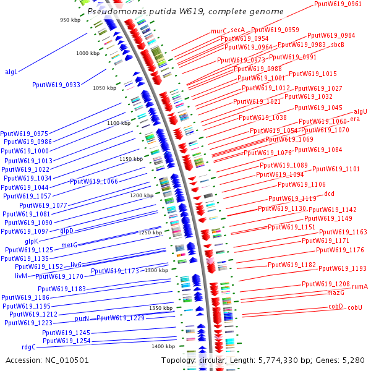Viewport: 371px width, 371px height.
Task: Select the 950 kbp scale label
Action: pos(71,20)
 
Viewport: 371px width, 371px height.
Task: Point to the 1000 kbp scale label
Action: pos(87,54)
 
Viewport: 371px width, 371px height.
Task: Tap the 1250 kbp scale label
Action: pos(150,232)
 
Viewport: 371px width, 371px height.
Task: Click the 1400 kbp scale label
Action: pos(163,346)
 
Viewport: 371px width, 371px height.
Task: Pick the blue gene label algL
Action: pos(11,72)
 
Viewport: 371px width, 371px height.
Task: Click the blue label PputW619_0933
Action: pos(56,85)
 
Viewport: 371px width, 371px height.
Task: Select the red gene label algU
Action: pos(360,111)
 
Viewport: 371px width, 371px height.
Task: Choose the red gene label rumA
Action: pos(359,286)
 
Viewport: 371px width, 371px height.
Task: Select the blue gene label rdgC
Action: pos(28,347)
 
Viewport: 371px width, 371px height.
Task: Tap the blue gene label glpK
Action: pos(32,241)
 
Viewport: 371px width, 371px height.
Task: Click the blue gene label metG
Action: pos(69,245)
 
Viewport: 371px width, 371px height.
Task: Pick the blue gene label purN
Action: pos(82,318)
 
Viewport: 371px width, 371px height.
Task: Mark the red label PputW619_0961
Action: pos(338,4)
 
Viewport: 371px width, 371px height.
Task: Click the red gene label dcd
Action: pos(330,194)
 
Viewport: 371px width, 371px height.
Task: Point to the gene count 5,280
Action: pos(352,360)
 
